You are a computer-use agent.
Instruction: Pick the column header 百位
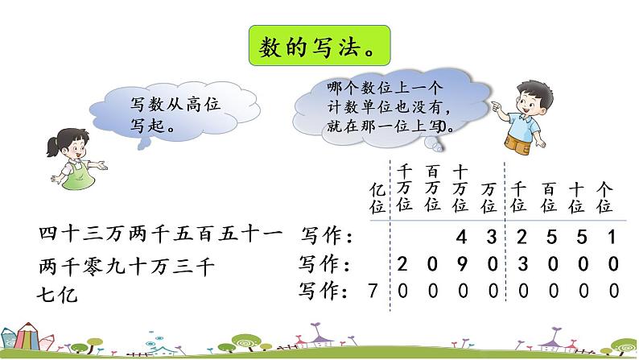click(549, 196)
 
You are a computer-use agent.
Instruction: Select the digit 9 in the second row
click(461, 263)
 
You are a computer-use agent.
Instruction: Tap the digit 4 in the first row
click(461, 237)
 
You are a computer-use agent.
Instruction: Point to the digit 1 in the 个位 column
click(611, 237)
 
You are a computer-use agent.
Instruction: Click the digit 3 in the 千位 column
click(519, 263)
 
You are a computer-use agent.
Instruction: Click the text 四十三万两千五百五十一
click(160, 236)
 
